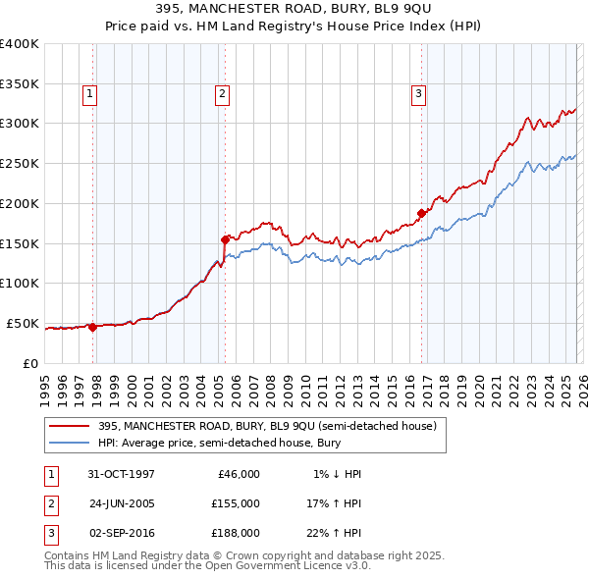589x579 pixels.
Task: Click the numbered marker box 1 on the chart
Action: (x=89, y=94)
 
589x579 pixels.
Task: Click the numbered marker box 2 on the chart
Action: (x=222, y=94)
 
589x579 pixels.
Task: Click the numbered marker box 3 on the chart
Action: (x=418, y=94)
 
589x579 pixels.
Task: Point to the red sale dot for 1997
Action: (x=93, y=327)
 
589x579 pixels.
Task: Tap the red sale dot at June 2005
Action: (x=225, y=238)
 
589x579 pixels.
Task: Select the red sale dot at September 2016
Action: (x=422, y=212)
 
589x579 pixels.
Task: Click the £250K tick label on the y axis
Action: (x=20, y=164)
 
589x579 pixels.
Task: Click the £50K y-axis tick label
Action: (x=24, y=323)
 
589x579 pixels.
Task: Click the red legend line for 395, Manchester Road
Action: (x=69, y=426)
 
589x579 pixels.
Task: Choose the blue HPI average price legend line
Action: (x=69, y=443)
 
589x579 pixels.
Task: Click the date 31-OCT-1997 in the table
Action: (x=121, y=474)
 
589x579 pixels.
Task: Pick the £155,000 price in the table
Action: (x=235, y=503)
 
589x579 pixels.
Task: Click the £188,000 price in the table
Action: (x=235, y=533)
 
